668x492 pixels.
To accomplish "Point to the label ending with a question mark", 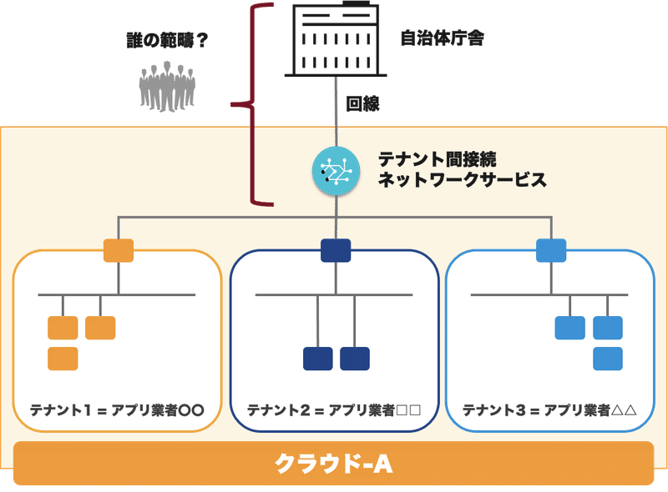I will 162,39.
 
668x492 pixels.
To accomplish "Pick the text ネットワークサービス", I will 462,179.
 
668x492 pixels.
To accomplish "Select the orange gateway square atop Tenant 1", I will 118,250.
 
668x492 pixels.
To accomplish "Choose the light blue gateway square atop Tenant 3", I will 551,250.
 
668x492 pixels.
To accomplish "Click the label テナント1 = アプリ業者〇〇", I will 118,410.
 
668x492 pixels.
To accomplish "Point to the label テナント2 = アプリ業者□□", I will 333,410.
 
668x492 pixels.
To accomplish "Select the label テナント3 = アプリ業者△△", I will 550,410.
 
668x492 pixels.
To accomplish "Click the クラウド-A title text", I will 334,463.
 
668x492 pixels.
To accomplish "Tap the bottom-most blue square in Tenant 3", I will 608,359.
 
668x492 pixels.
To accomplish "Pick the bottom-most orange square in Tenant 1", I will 63,359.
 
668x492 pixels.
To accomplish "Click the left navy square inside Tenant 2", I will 317,359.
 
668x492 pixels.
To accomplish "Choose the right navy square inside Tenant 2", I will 355,359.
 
